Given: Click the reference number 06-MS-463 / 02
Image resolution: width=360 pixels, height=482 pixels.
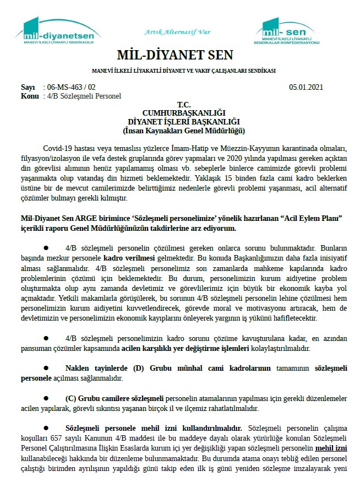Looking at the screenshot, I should point(72,87).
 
